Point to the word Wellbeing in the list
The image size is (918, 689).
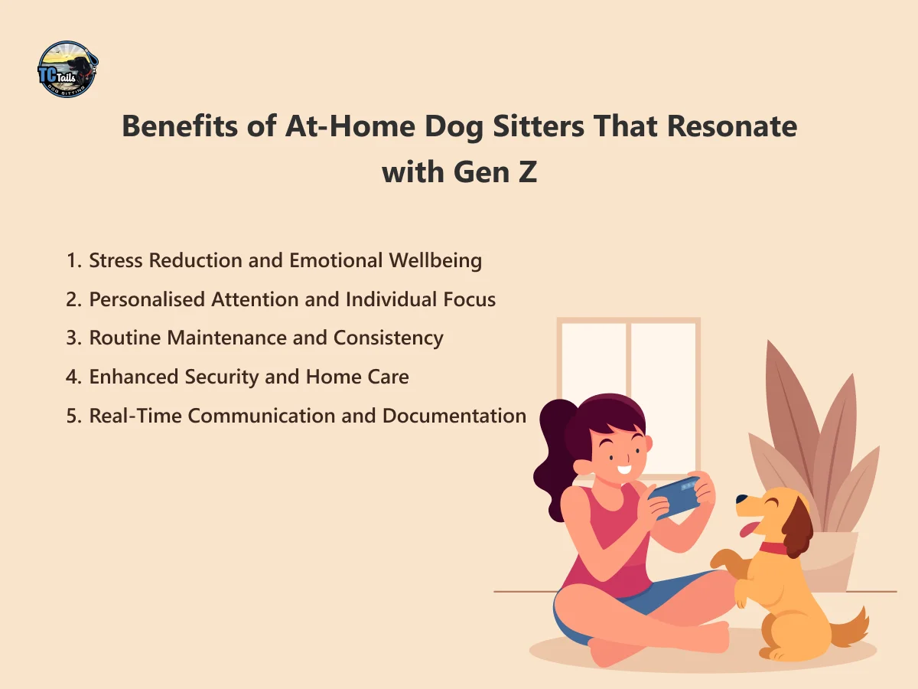(x=435, y=260)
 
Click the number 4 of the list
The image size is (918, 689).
(x=72, y=377)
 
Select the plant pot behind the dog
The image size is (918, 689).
(x=838, y=559)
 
